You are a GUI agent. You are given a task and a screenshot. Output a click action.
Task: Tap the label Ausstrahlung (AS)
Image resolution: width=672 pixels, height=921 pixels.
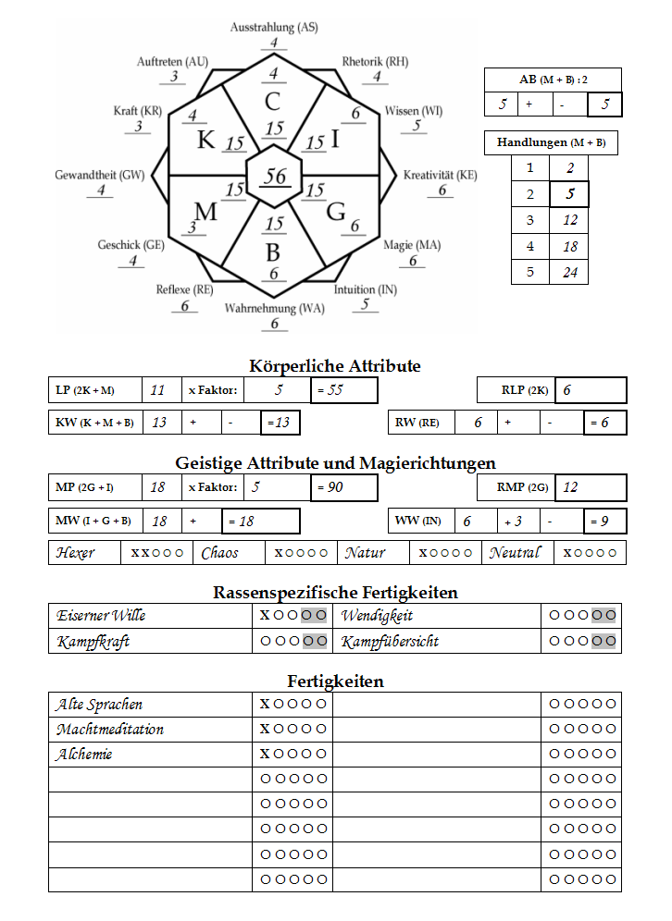(274, 28)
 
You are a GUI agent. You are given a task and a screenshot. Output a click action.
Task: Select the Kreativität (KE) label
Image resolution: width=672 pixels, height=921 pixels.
(441, 175)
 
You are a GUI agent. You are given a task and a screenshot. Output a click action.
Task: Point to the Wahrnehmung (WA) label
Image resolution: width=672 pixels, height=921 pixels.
(274, 308)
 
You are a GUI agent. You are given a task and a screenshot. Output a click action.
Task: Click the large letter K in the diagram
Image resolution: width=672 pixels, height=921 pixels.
(205, 141)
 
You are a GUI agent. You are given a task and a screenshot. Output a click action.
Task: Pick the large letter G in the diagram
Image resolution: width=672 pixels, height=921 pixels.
(335, 211)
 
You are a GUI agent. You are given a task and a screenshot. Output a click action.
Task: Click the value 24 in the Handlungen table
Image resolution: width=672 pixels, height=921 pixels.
(569, 273)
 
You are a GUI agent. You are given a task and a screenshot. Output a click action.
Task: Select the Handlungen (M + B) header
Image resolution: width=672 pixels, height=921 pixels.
(552, 143)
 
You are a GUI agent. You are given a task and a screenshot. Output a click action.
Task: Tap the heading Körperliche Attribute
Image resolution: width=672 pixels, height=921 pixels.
(335, 366)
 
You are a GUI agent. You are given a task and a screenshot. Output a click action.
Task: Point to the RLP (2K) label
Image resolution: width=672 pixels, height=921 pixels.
(525, 390)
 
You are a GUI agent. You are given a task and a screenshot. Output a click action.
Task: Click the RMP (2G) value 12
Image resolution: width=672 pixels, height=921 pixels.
(571, 487)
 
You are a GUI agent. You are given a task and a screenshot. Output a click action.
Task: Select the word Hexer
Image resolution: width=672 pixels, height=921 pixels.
(75, 553)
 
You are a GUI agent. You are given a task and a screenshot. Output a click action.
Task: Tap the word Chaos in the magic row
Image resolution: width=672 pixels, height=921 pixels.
(219, 553)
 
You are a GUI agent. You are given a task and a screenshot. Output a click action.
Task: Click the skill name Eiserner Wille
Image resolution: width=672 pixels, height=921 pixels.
(101, 616)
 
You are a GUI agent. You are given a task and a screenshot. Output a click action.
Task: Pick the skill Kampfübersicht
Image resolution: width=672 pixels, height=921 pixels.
(390, 641)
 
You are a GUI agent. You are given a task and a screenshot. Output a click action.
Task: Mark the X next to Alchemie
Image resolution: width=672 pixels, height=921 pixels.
(265, 755)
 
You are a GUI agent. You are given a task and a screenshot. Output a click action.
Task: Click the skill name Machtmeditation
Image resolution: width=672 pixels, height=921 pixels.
(110, 730)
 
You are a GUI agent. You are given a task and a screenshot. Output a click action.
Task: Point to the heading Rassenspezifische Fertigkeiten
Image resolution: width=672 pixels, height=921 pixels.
(335, 593)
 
